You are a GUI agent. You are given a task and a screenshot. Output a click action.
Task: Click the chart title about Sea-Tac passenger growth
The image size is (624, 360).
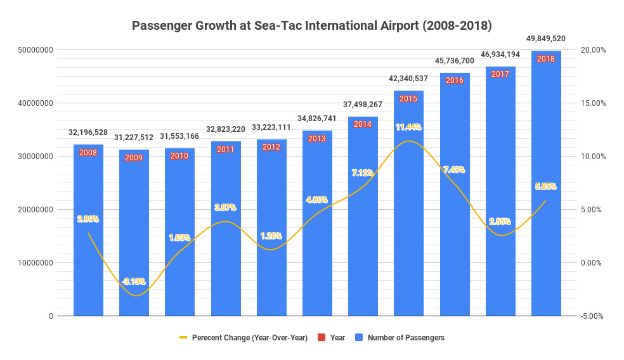click(311, 26)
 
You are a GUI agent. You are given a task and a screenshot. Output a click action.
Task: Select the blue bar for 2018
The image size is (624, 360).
click(546, 190)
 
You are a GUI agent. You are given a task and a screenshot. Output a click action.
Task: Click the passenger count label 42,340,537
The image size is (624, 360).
click(408, 79)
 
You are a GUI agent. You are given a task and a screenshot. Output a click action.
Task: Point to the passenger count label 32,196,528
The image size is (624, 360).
click(88, 132)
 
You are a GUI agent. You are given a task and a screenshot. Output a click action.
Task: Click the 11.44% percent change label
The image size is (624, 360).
click(408, 127)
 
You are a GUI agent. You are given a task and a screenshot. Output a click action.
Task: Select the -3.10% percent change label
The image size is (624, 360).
click(134, 281)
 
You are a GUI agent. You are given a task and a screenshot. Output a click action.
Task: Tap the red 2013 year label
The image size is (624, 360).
click(317, 138)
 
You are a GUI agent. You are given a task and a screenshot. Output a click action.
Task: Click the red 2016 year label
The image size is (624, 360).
click(455, 80)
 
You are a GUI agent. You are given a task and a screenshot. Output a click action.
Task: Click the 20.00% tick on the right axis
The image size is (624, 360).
click(594, 50)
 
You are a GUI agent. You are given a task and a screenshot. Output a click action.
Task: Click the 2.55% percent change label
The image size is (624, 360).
click(500, 222)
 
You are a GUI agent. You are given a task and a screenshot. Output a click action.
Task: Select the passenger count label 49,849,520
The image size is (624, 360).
click(546, 39)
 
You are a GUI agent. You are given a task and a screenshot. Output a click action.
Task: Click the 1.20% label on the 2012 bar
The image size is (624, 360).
click(271, 236)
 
